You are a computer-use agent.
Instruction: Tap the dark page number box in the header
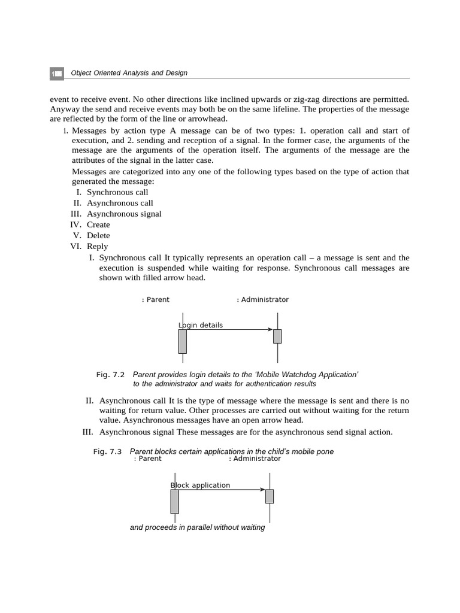click(56, 74)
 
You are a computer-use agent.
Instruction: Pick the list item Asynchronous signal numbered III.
click(124, 214)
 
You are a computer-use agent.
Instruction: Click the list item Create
click(98, 224)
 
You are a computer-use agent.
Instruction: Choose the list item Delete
click(98, 235)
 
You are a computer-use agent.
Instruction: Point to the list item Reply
click(98, 246)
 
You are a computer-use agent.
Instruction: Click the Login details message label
click(201, 325)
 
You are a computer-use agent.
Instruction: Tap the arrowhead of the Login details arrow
click(270, 329)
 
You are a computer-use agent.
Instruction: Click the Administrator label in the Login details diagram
click(263, 299)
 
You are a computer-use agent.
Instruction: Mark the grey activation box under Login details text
click(183, 341)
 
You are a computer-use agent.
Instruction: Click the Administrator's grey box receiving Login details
click(277, 336)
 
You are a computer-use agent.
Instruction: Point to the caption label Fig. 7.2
click(110, 375)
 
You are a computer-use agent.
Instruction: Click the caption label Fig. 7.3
click(107, 451)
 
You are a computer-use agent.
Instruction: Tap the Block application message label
click(201, 485)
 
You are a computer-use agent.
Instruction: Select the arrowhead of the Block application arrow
click(262, 490)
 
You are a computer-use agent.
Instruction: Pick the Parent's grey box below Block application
click(174, 502)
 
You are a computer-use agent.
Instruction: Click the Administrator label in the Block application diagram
click(255, 459)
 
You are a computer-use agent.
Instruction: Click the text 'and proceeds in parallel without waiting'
click(197, 528)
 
